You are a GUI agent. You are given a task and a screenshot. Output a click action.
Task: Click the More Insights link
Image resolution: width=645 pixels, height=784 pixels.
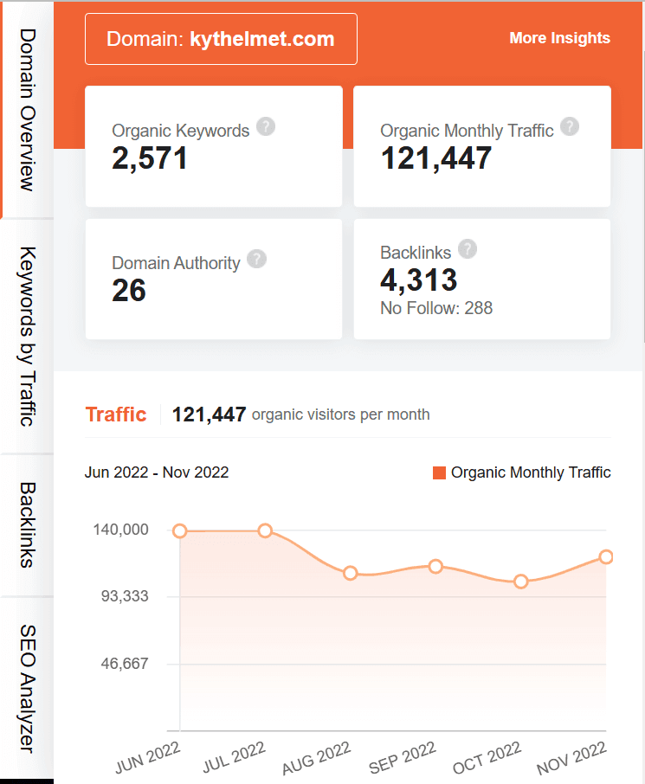[559, 38]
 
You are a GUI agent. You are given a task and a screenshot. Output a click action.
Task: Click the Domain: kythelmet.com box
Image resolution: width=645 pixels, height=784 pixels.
[221, 39]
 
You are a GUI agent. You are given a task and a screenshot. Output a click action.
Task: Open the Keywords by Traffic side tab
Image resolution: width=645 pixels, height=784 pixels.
[27, 336]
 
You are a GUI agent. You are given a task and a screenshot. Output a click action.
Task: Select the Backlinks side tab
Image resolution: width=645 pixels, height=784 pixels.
[27, 524]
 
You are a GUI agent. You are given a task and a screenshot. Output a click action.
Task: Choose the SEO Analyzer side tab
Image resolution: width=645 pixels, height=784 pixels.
[27, 688]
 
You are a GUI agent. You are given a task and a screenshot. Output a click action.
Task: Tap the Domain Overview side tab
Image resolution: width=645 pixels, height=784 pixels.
[27, 109]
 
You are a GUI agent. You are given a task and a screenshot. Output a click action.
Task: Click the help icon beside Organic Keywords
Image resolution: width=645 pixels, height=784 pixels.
[267, 126]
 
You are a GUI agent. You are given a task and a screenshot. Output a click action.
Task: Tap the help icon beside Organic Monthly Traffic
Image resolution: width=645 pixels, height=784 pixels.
[569, 126]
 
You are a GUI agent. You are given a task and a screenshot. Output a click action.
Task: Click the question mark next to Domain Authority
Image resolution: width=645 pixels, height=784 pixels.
[256, 259]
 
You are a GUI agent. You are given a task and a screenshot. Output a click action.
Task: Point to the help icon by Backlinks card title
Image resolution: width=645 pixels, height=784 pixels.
[468, 249]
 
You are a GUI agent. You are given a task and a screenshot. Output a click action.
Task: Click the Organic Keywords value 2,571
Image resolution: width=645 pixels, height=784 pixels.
[150, 157]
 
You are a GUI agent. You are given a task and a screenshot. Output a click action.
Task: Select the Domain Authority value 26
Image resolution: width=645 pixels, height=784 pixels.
[129, 290]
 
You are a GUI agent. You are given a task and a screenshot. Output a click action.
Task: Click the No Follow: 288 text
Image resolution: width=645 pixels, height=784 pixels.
[436, 308]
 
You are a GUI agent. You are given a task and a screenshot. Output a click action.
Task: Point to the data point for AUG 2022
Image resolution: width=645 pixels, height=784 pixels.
[351, 573]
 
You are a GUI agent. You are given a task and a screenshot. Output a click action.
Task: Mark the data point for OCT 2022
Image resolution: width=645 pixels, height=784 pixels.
[521, 582]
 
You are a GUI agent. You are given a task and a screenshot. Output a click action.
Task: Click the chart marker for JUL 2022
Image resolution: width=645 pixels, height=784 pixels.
[265, 530]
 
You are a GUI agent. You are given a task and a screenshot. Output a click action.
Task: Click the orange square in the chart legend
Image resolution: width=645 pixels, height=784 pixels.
[439, 472]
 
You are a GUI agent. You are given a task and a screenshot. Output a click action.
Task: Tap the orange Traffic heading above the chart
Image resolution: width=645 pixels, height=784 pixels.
[116, 414]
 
